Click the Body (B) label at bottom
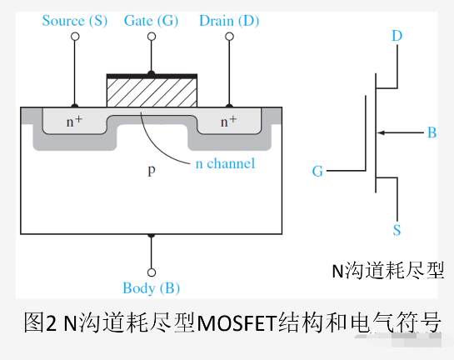point(151,288)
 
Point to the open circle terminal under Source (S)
point(75,37)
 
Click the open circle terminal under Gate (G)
point(151,37)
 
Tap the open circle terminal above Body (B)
point(151,272)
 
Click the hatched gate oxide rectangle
point(151,92)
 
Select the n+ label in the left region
point(75,122)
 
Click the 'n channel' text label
point(225,163)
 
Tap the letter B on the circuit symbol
point(432,132)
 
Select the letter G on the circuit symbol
point(317,172)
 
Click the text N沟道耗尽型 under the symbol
point(387,270)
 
